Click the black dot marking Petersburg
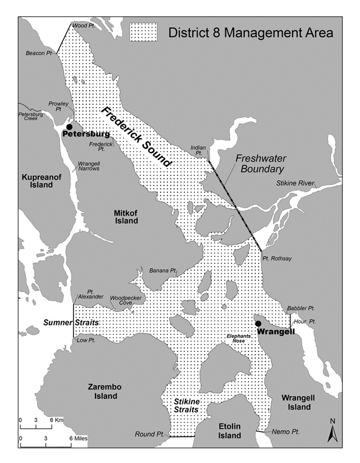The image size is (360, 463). click(x=69, y=127)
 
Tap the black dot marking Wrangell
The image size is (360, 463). click(x=257, y=324)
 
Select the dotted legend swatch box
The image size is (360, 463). click(x=142, y=32)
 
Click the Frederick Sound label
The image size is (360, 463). click(x=135, y=136)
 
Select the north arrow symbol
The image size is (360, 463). click(x=332, y=430)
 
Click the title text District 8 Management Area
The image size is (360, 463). click(x=251, y=33)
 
